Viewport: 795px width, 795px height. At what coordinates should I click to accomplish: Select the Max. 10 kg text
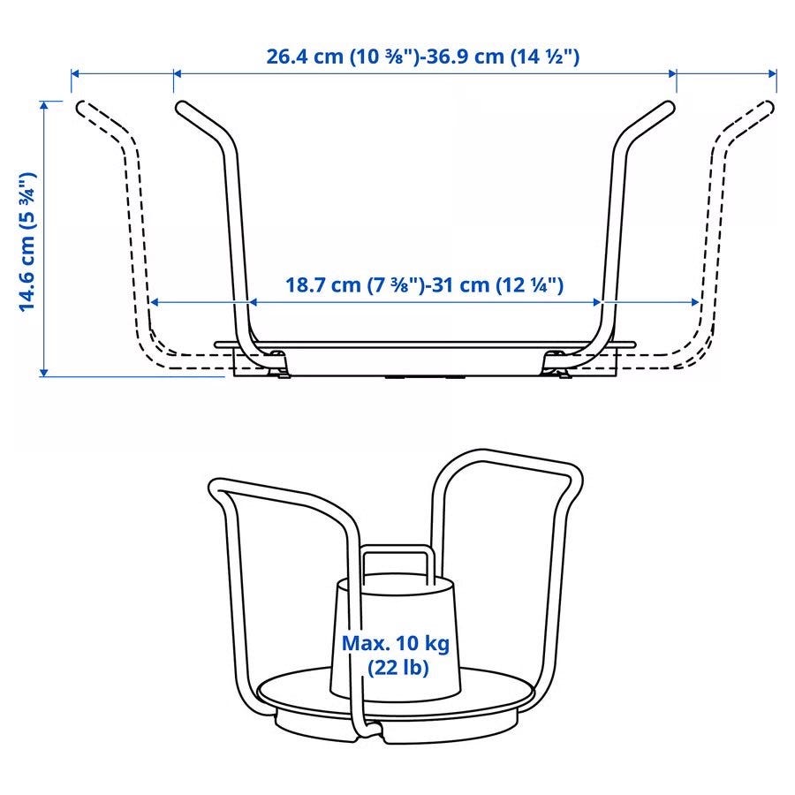tap(396, 643)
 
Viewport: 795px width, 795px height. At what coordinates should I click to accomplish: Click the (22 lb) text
tap(398, 667)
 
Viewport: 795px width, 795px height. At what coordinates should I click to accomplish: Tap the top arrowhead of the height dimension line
tap(44, 104)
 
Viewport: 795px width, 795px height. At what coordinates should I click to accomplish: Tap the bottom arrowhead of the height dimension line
tap(44, 372)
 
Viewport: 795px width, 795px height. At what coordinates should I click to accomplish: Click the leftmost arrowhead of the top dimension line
tap(75, 73)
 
